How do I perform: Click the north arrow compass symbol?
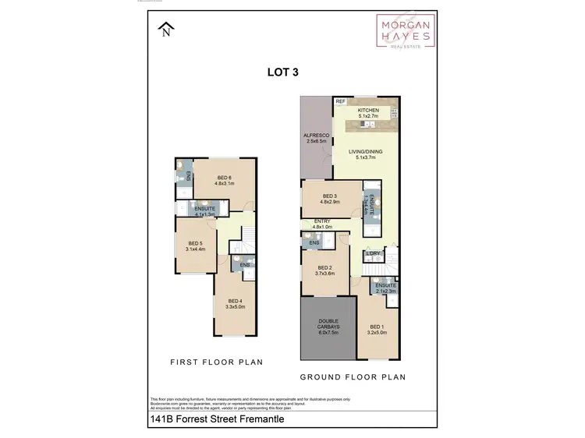pyautogui.click(x=165, y=30)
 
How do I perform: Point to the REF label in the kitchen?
pyautogui.click(x=340, y=102)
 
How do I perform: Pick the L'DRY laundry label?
pyautogui.click(x=373, y=254)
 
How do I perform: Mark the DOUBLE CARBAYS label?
pyautogui.click(x=328, y=326)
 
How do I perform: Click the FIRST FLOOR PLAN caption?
pyautogui.click(x=217, y=362)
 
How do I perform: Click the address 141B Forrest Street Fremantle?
pyautogui.click(x=216, y=419)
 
